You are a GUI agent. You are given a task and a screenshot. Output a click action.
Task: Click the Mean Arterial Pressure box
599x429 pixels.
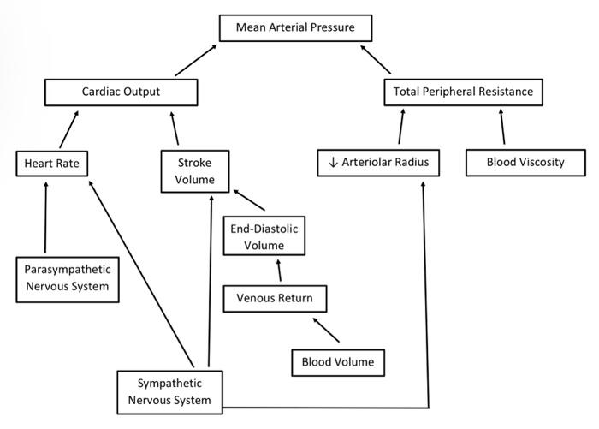tap(295, 28)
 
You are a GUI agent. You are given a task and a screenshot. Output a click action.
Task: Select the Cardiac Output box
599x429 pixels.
tap(120, 91)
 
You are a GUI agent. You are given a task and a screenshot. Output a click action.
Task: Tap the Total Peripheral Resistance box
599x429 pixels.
tap(463, 91)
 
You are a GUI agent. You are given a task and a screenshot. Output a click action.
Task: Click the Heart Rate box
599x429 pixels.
tap(51, 163)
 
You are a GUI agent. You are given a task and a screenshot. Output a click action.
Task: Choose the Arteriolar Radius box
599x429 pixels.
tap(377, 163)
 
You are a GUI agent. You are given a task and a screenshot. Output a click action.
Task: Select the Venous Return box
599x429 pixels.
tap(274, 299)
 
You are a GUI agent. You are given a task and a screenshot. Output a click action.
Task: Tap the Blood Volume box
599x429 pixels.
tap(337, 362)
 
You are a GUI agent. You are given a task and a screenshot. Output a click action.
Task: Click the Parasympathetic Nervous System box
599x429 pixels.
tap(67, 277)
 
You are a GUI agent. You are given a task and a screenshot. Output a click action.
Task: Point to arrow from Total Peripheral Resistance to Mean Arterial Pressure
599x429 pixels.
tap(376, 59)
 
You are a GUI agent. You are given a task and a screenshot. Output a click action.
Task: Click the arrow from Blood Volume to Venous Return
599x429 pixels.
tap(329, 331)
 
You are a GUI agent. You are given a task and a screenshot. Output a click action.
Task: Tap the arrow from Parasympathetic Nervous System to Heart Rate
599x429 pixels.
tap(44, 217)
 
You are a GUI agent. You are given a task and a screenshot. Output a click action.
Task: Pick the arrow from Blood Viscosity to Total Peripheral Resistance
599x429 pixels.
tap(501, 126)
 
